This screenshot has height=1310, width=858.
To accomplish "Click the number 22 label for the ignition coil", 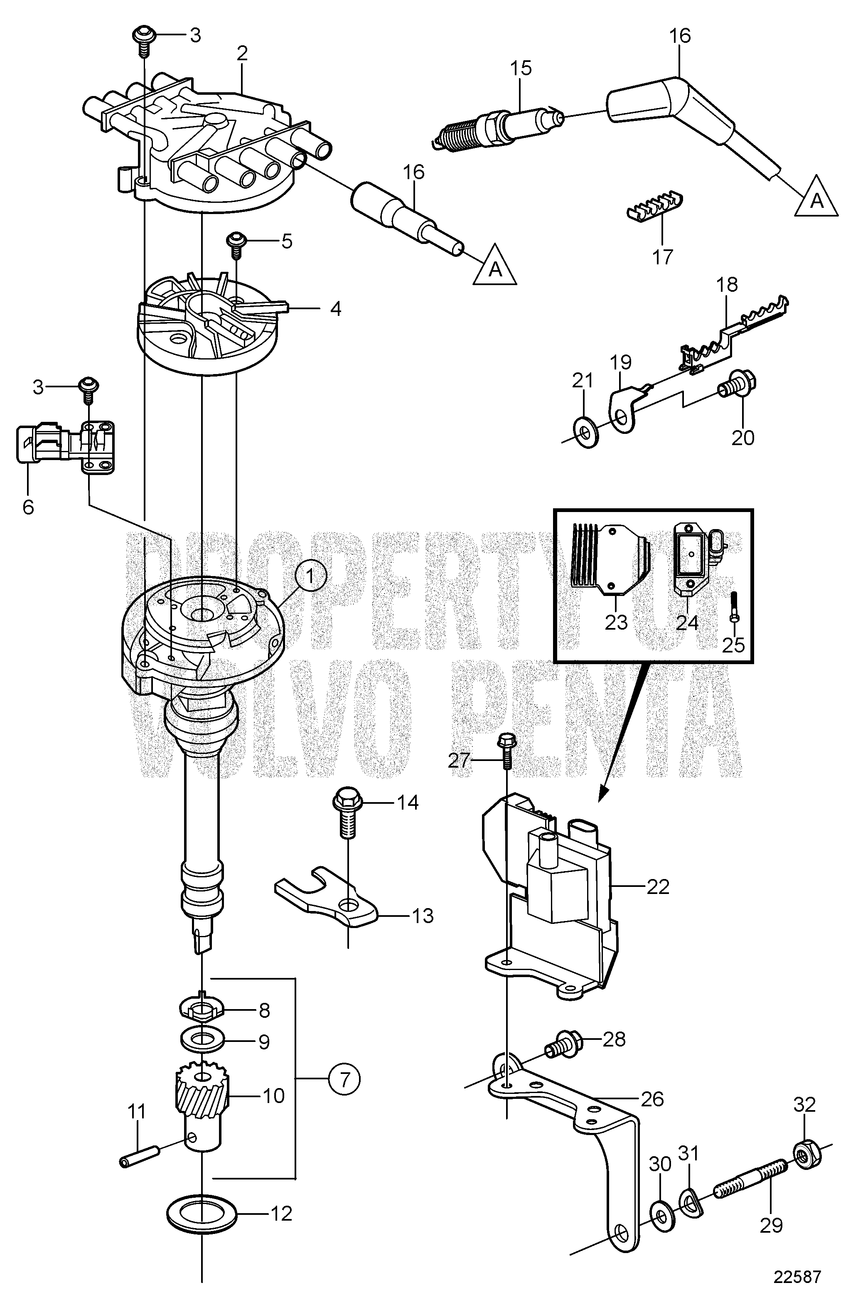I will point(658,887).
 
